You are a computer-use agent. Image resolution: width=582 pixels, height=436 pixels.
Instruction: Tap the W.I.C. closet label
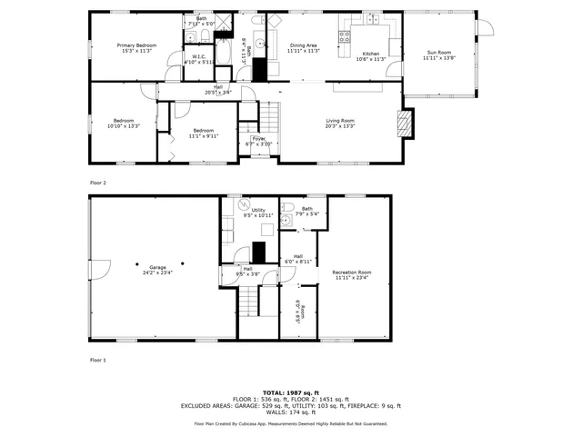point(198,60)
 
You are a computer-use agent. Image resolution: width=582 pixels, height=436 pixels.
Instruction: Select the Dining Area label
point(304,47)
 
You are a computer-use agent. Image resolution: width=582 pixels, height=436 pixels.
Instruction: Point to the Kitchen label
point(371,56)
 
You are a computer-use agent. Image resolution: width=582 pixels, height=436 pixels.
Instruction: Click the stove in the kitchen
point(345,37)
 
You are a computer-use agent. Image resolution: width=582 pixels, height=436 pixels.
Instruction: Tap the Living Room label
point(341,124)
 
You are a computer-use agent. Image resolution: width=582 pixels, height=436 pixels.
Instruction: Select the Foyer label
point(258,141)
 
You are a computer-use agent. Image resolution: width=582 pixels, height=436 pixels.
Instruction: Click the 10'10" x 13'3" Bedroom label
point(124,124)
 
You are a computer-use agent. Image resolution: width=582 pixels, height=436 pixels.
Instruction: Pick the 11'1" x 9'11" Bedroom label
point(204,134)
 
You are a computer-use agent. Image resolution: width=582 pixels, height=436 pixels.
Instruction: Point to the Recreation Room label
point(352,275)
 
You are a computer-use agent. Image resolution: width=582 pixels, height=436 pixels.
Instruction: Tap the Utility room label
point(258,213)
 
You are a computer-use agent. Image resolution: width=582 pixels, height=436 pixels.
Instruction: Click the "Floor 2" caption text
point(98,183)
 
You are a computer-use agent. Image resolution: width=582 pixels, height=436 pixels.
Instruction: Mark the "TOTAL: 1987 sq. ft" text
point(290,392)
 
